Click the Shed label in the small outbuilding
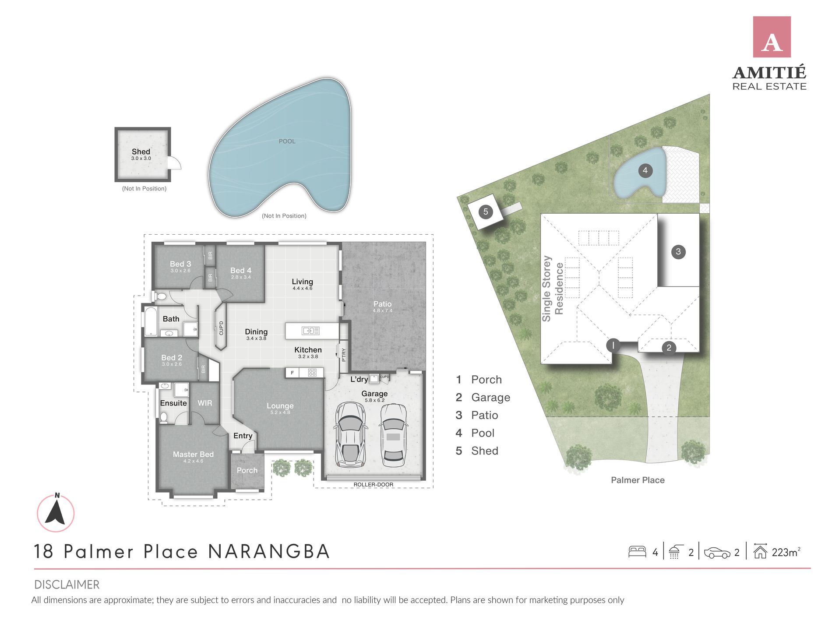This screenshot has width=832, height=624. pyautogui.click(x=141, y=152)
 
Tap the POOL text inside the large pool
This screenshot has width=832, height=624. pyautogui.click(x=287, y=141)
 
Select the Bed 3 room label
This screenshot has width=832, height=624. pyautogui.click(x=180, y=264)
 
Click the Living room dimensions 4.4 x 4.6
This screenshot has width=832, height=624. pyautogui.click(x=302, y=289)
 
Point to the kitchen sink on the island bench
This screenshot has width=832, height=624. pyautogui.click(x=310, y=331)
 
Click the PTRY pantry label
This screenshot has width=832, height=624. pyautogui.click(x=344, y=354)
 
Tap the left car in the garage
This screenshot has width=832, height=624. pyautogui.click(x=350, y=435)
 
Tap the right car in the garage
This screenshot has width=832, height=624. pyautogui.click(x=393, y=435)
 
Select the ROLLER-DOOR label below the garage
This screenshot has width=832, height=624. pyautogui.click(x=373, y=484)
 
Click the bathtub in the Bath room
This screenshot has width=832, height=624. pyautogui.click(x=150, y=322)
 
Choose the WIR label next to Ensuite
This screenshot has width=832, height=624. pyautogui.click(x=204, y=403)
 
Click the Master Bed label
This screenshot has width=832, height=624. pyautogui.click(x=193, y=455)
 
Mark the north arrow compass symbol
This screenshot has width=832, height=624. pyautogui.click(x=56, y=513)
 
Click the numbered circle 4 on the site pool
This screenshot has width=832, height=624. pyautogui.click(x=645, y=170)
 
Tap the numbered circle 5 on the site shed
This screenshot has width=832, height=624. pyautogui.click(x=485, y=212)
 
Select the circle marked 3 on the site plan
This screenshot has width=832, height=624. pyautogui.click(x=678, y=251)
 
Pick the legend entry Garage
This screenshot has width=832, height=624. pyautogui.click(x=490, y=397)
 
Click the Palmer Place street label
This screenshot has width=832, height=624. pyautogui.click(x=637, y=480)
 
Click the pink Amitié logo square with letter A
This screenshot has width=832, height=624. pyautogui.click(x=771, y=37)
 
